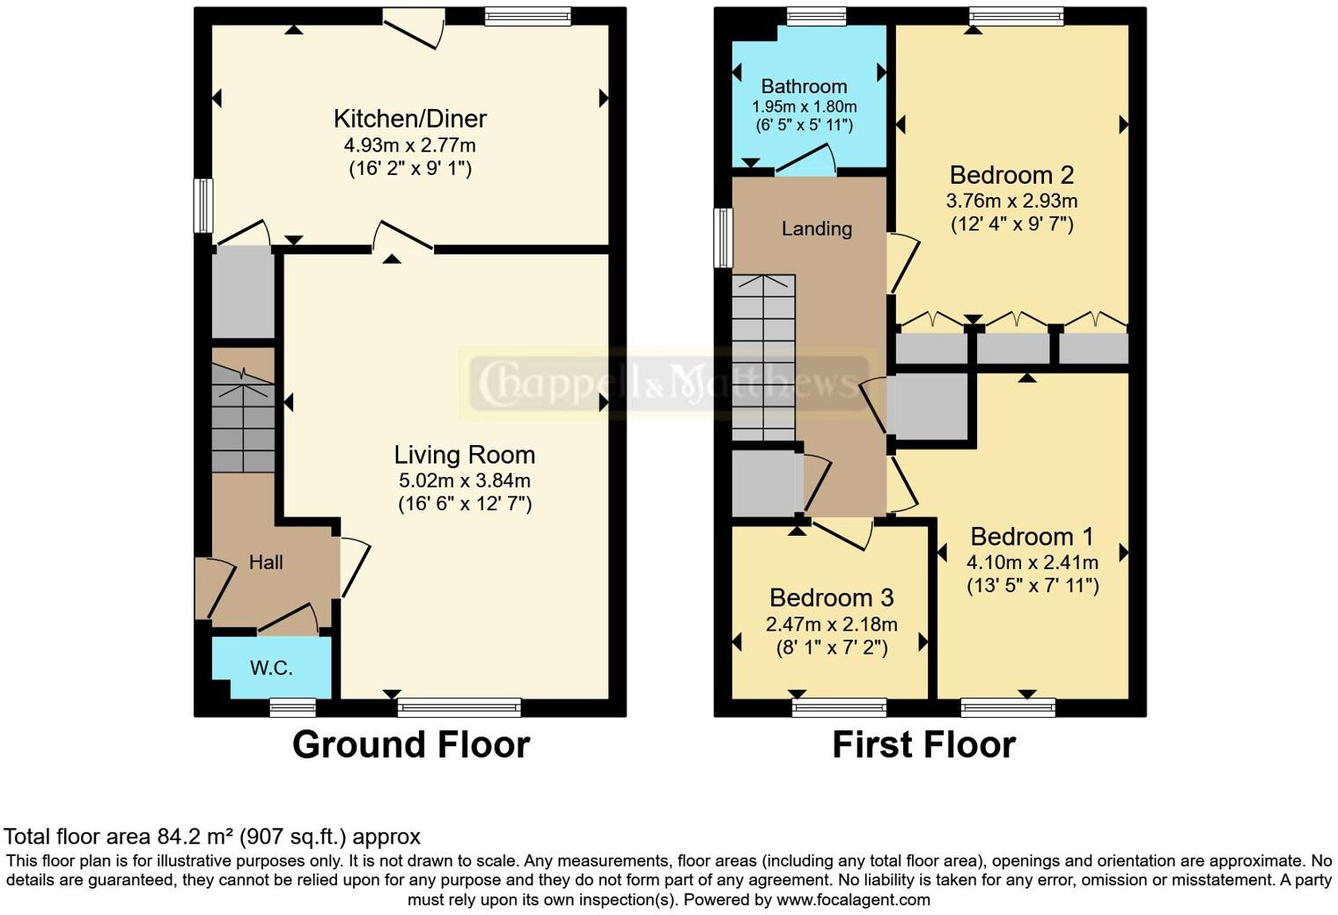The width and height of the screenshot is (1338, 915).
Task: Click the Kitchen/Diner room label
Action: [x=409, y=119]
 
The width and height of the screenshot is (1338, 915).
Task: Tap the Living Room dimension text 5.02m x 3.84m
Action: [x=464, y=480]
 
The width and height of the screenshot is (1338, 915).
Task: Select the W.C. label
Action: [x=271, y=669]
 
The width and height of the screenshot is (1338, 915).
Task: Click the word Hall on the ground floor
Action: [x=266, y=563]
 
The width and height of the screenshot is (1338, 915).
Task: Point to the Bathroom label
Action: [x=804, y=86]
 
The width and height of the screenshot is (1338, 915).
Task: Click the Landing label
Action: [x=816, y=229]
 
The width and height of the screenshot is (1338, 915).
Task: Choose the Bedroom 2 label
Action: [x=1011, y=175]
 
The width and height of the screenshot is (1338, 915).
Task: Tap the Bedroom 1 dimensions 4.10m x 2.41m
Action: [x=1032, y=562]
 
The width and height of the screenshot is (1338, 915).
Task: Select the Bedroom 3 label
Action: [x=831, y=598]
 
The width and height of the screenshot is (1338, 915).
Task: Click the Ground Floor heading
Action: [x=410, y=744]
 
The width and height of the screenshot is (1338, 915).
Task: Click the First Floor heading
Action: [x=923, y=744]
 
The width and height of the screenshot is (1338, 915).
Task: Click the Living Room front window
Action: [x=459, y=707]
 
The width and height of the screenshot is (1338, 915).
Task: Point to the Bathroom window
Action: [x=816, y=16]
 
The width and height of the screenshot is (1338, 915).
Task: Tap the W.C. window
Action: [x=292, y=706]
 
